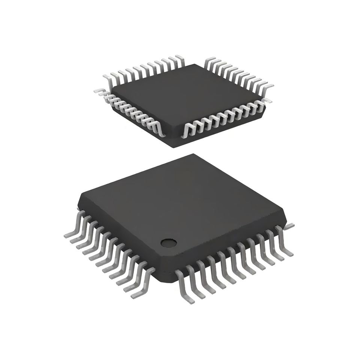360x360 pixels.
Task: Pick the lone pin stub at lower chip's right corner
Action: [x=290, y=225]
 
